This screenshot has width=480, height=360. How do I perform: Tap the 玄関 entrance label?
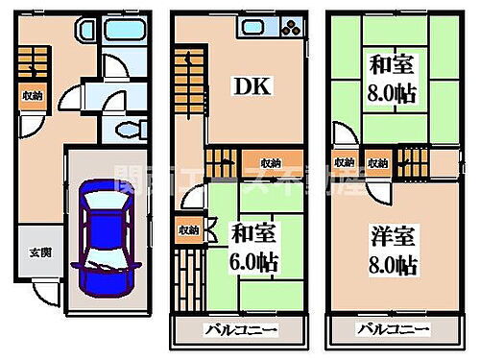tap(33, 252)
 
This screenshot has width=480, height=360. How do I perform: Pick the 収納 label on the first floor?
tap(33, 94)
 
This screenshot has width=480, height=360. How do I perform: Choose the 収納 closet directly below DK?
tap(269, 160)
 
